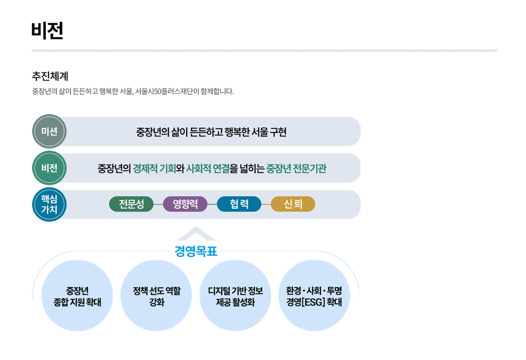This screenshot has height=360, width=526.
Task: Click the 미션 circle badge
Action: [49, 132]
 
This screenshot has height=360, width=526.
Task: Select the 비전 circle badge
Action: [49, 169]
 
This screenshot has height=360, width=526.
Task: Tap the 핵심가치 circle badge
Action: [49, 205]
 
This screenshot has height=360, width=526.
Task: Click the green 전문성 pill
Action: [131, 204]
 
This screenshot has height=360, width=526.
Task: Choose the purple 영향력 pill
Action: [185, 204]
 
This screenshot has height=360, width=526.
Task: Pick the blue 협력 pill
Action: [239, 204]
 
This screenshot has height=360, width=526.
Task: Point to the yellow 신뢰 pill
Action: [293, 204]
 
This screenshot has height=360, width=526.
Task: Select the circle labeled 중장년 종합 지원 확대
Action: [77, 296]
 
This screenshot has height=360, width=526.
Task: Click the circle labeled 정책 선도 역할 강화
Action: [156, 296]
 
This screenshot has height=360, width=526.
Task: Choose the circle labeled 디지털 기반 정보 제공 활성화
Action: [235, 296]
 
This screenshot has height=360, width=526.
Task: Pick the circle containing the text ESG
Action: [314, 296]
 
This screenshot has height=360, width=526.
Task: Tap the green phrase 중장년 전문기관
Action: [296, 169]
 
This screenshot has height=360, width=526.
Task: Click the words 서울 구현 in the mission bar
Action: [266, 132]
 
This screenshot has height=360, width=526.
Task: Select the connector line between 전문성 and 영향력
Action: [158, 204]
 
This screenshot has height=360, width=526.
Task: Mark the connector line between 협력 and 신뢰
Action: [266, 204]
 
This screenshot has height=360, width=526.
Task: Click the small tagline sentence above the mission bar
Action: [133, 92]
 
